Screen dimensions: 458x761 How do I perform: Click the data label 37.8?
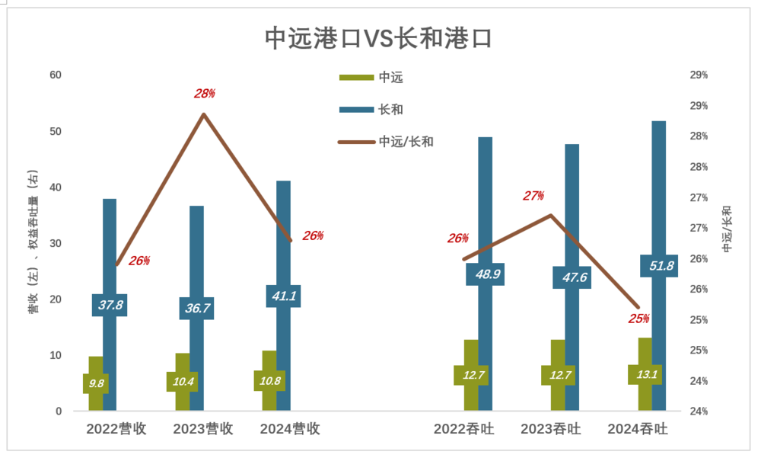pos(110,305)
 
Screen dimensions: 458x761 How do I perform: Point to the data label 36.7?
pos(196,308)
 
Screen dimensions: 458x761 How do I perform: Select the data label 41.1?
pos(283,296)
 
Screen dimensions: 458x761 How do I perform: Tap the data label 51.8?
pos(659,266)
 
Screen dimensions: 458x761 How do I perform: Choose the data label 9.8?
pos(96,383)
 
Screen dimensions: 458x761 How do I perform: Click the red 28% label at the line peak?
pos(204,94)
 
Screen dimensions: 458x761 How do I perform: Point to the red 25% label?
pos(638,319)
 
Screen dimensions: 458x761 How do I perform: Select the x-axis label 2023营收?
pos(203,429)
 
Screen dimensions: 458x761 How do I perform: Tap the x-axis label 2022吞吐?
pos(463,429)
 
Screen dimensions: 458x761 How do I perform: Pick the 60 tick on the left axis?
pos(56,75)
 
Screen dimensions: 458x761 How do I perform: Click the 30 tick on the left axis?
pos(56,243)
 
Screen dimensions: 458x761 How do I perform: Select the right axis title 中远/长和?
pos(728,229)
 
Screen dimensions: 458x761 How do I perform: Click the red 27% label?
pos(533,196)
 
